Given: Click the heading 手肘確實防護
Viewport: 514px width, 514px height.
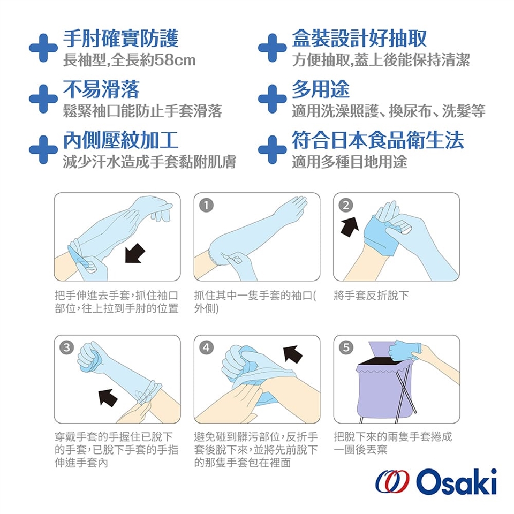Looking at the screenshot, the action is point(120,39).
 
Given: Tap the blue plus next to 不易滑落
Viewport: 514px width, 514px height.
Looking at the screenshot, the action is point(43,99).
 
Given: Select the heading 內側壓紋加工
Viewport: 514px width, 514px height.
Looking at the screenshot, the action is point(120,140).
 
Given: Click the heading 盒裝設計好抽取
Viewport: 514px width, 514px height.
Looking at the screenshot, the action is point(359,39).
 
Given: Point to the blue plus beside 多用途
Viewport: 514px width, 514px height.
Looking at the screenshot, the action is point(273,99).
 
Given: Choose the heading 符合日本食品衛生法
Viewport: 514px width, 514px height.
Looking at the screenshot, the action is point(378,140).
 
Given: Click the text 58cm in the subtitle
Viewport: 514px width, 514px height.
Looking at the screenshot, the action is point(175,60).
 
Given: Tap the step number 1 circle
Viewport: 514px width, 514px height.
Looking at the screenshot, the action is point(206,205).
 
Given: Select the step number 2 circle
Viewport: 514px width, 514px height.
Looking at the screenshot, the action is point(346,205).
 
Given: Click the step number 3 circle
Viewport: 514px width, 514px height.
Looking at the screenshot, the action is point(66,347).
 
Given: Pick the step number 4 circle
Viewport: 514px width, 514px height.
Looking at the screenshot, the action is point(206,347).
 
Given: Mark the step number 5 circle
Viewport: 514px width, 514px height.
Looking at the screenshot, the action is point(346,347).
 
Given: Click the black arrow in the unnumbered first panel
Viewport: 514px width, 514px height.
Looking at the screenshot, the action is point(134,253).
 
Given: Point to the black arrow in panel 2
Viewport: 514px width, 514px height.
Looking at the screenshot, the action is point(350,226).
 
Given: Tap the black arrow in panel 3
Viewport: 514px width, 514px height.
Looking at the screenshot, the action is point(108,398).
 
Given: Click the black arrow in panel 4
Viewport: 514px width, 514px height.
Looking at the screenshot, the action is point(293,354).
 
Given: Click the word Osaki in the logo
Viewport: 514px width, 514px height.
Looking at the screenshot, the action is point(457,482).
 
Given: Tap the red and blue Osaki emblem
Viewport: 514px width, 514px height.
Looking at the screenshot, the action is point(392,482).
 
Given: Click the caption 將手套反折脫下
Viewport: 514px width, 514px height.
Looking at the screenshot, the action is point(371,296).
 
